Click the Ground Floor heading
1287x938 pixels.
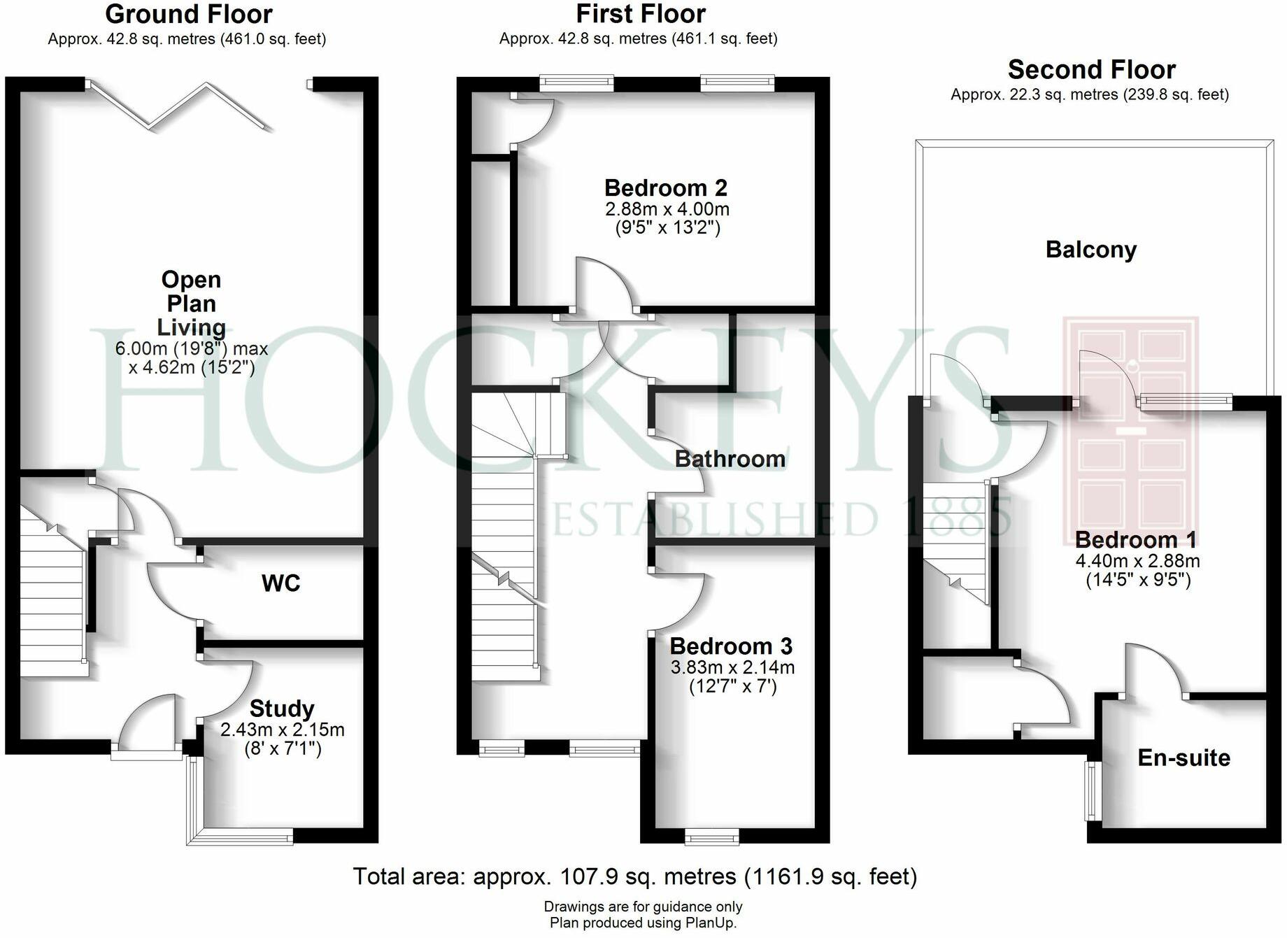189,14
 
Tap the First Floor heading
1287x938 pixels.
641,14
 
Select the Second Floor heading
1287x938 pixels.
1091,70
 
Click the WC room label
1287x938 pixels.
280,583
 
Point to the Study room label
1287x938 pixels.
282,709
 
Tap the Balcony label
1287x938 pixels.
1091,250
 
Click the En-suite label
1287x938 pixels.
1183,758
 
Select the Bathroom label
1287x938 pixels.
730,459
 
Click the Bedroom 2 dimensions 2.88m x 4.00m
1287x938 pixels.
667,209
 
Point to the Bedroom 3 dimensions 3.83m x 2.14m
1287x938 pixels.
732,667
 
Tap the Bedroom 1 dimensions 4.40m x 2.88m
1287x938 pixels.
1137,561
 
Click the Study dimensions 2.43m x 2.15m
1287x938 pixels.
282,730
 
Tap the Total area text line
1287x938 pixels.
634,876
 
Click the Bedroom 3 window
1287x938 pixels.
711,836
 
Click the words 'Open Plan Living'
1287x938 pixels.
191,304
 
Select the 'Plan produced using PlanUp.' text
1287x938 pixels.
643,923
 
